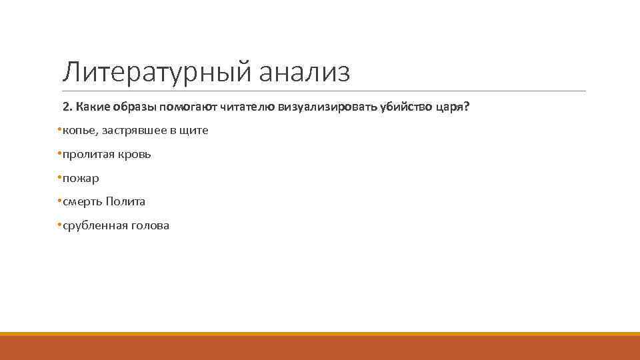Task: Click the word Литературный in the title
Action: coord(157,72)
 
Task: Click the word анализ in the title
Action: coord(304,72)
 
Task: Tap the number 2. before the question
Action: coord(67,107)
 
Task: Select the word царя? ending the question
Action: coord(453,107)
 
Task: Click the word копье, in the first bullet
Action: coord(79,131)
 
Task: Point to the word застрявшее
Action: coord(131,131)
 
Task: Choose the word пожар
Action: coord(81,178)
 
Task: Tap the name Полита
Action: coord(125,201)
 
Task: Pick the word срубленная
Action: coord(91,225)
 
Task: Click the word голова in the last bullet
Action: coord(150,225)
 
